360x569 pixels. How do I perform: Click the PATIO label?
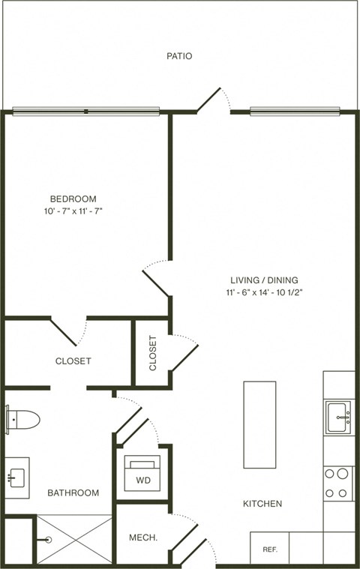click(179, 55)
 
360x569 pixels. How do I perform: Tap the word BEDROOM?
click(73, 199)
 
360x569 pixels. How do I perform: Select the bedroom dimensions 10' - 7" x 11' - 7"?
click(73, 211)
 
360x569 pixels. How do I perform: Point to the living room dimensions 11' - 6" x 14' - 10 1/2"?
click(263, 292)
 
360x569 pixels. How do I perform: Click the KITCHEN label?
click(262, 504)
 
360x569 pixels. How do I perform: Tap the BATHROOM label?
click(73, 493)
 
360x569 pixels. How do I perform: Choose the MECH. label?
click(142, 538)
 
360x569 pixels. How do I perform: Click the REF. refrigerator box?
click(269, 549)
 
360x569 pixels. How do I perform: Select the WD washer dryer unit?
click(142, 472)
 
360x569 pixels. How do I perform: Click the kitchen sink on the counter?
click(338, 416)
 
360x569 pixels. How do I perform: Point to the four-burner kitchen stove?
click(338, 483)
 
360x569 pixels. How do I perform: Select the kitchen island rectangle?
click(259, 424)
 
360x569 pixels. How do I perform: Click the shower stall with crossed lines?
click(73, 539)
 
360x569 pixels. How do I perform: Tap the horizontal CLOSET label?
click(73, 361)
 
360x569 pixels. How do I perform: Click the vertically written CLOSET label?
click(153, 353)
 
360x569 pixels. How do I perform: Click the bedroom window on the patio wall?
click(85, 111)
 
